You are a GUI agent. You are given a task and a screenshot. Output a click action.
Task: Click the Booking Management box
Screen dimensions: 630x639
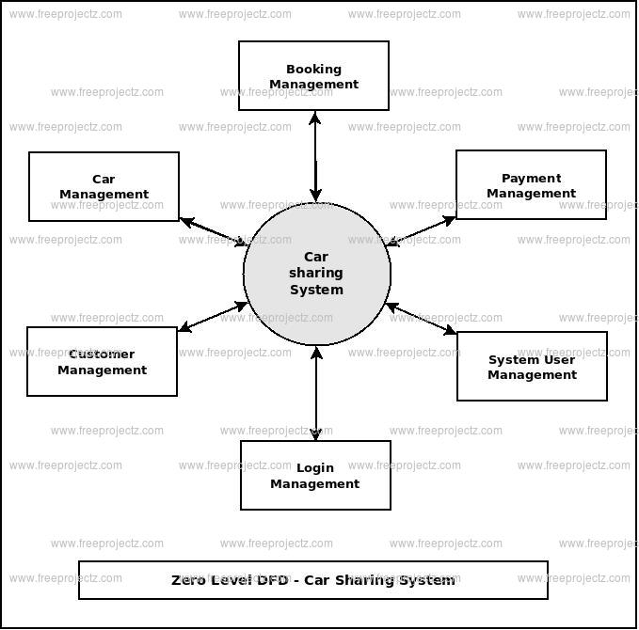click(x=313, y=76)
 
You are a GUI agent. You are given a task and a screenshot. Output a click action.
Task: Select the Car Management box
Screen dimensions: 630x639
click(x=104, y=187)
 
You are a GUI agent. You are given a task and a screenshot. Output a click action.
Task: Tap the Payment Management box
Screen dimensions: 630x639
click(x=531, y=185)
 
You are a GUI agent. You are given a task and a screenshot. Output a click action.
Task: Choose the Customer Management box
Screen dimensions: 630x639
click(x=102, y=362)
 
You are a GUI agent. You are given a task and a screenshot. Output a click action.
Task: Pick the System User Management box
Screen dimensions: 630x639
click(x=532, y=367)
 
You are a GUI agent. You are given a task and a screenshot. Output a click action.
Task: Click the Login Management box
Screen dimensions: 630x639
click(x=315, y=476)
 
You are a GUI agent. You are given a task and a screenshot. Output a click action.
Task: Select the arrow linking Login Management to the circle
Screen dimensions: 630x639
click(x=316, y=394)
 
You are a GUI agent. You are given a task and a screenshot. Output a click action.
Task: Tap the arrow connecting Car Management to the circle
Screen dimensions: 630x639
click(x=213, y=232)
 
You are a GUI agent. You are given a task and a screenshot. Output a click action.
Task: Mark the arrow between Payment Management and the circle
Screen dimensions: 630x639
click(x=422, y=231)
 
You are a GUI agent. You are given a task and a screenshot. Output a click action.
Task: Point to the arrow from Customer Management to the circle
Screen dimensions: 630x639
click(x=213, y=317)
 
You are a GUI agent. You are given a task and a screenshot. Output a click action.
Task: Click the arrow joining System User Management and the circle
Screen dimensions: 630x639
click(x=422, y=319)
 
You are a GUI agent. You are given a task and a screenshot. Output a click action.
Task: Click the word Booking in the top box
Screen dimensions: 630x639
click(x=313, y=69)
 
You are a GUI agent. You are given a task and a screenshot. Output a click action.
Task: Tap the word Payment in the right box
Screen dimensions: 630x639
click(x=531, y=178)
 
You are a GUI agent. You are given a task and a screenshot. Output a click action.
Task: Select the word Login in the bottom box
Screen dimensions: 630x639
click(x=315, y=468)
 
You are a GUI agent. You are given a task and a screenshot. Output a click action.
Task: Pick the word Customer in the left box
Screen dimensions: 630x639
click(x=102, y=354)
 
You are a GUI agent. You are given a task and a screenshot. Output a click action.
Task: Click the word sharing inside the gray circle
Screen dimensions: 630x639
click(x=316, y=274)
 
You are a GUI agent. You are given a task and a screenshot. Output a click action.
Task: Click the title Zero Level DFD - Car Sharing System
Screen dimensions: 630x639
click(x=313, y=580)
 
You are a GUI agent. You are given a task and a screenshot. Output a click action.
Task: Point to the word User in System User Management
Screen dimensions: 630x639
click(x=559, y=360)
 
